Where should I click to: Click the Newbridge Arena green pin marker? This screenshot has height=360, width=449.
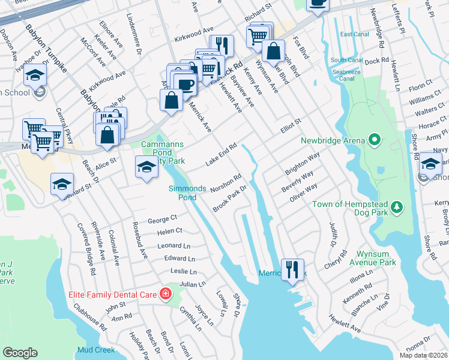(x=375, y=141)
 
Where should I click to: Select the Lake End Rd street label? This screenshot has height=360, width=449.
(x=222, y=154)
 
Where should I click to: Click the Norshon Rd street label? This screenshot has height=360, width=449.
(x=226, y=184)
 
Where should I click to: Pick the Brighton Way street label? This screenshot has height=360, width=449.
(x=301, y=163)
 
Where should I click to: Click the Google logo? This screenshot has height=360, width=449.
(x=20, y=352)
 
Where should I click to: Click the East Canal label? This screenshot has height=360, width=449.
(x=354, y=34)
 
